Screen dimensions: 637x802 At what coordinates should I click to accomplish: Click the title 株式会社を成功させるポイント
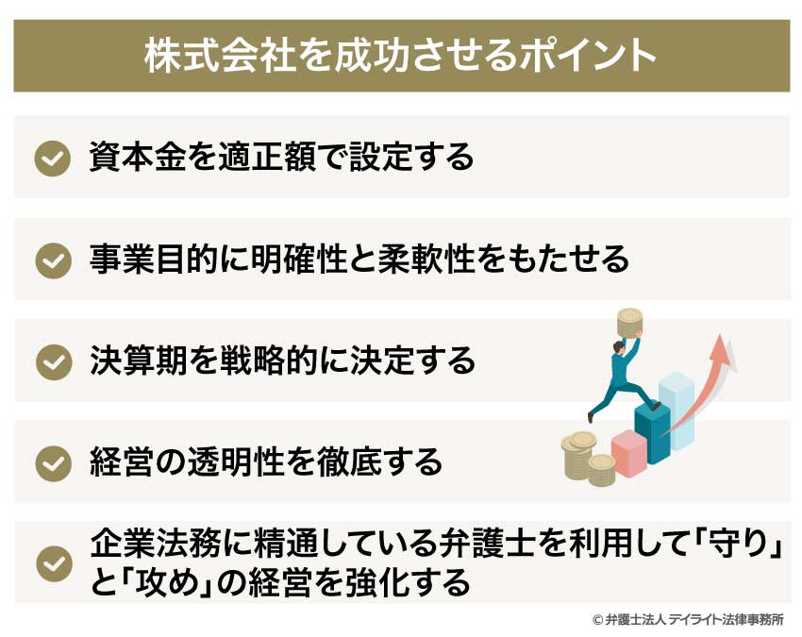tap(400, 55)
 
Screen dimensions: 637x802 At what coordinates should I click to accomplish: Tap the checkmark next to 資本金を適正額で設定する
tap(53, 159)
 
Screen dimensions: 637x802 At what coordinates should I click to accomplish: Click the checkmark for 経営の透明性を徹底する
tap(53, 462)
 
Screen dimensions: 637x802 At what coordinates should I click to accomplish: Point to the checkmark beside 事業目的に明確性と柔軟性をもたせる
tap(53, 260)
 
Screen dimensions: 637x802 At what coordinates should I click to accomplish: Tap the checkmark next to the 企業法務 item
tap(53, 563)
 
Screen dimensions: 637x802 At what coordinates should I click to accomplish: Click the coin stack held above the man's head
tap(630, 323)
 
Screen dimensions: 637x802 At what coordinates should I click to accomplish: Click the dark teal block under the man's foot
tap(652, 429)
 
